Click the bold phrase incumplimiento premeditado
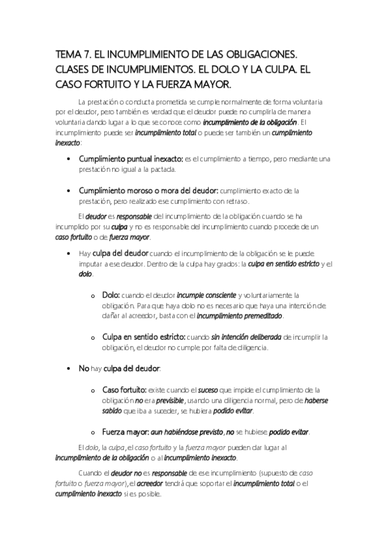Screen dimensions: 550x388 [249, 316]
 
